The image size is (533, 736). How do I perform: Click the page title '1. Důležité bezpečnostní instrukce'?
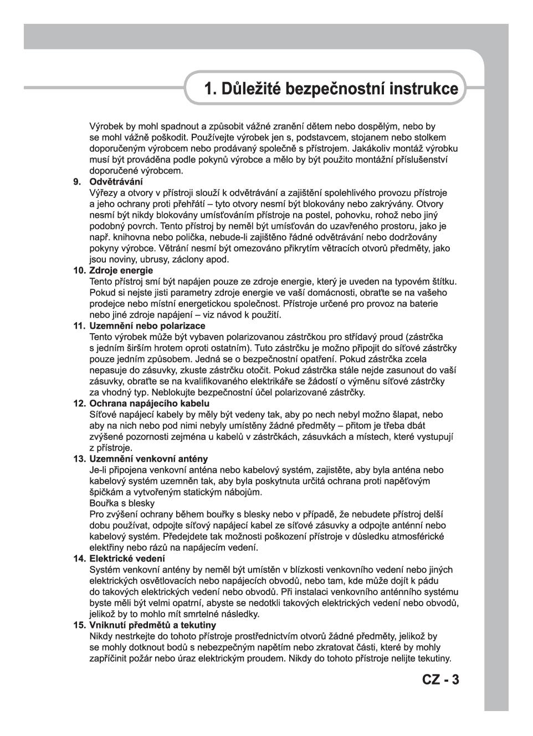331,89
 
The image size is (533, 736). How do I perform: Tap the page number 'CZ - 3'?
440,680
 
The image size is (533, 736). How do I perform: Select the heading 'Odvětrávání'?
116,182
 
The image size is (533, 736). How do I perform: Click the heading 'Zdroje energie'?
121,270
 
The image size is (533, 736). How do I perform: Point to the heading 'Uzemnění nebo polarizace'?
147,326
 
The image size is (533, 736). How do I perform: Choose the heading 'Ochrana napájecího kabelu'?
149,403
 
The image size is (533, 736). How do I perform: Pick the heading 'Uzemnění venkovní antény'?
148,459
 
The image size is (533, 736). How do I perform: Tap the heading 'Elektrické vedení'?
127,559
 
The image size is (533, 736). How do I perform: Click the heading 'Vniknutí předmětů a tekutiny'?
152,625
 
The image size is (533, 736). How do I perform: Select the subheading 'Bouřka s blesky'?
122,503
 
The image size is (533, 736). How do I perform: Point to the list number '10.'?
79,270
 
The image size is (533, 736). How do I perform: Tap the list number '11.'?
79,326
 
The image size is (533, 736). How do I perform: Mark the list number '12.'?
79,403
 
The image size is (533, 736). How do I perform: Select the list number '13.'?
79,459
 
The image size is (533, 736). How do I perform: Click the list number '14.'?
79,559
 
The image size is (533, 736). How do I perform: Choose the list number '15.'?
79,625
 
